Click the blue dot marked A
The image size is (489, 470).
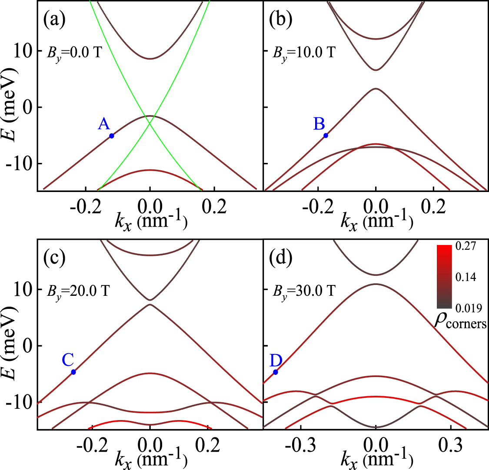(112, 136)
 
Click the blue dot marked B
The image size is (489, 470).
(326, 136)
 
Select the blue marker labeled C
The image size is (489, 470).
(73, 372)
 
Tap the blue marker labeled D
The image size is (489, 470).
(276, 372)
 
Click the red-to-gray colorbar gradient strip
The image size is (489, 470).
(445, 277)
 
